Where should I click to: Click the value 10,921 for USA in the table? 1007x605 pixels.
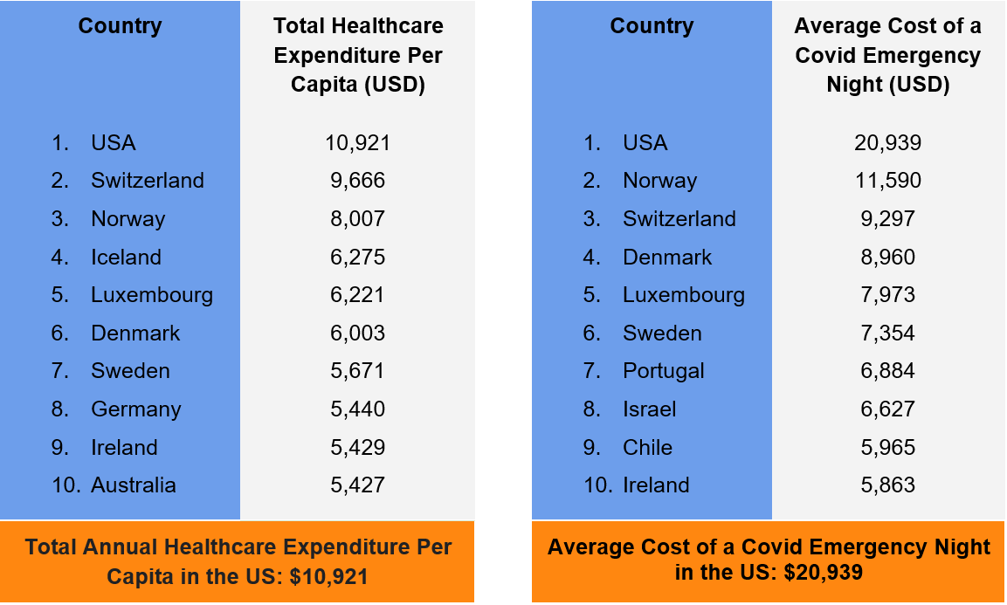coord(357,142)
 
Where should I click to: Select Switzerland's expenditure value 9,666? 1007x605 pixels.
coord(357,181)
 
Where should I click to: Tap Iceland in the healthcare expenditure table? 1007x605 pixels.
coord(126,258)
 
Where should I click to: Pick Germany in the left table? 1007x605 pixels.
coord(135,409)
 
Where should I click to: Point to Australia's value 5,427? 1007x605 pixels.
coord(357,485)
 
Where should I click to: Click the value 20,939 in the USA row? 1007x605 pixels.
coord(887,142)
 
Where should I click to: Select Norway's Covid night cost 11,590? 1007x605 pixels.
coord(887,181)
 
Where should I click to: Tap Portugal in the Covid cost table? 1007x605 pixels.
coord(663,371)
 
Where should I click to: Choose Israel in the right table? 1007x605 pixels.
coord(649,409)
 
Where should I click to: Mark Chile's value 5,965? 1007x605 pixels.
coord(887,448)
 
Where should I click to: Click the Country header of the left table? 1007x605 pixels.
coord(120,26)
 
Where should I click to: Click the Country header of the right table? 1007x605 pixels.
coord(652,26)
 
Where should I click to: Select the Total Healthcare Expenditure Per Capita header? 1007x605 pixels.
coord(358,56)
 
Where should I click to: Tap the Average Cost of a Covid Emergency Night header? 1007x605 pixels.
coord(887,56)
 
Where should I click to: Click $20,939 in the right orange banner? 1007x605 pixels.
coord(823,573)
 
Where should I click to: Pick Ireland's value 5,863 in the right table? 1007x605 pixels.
coord(887,485)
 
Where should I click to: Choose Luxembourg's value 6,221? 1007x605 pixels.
coord(357,295)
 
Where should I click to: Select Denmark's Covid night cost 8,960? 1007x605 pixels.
coord(887,258)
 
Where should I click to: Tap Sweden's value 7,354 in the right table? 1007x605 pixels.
coord(887,333)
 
